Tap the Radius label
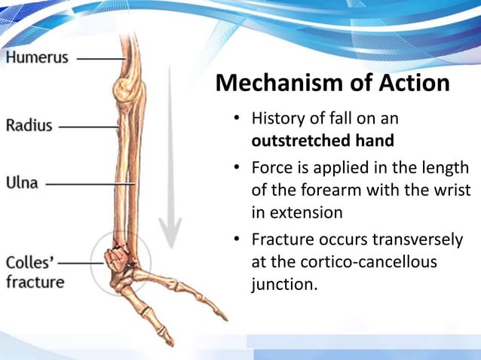[x=29, y=125]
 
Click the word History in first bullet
[x=280, y=119]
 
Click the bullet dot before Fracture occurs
[x=236, y=239]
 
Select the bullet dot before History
[x=236, y=119]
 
